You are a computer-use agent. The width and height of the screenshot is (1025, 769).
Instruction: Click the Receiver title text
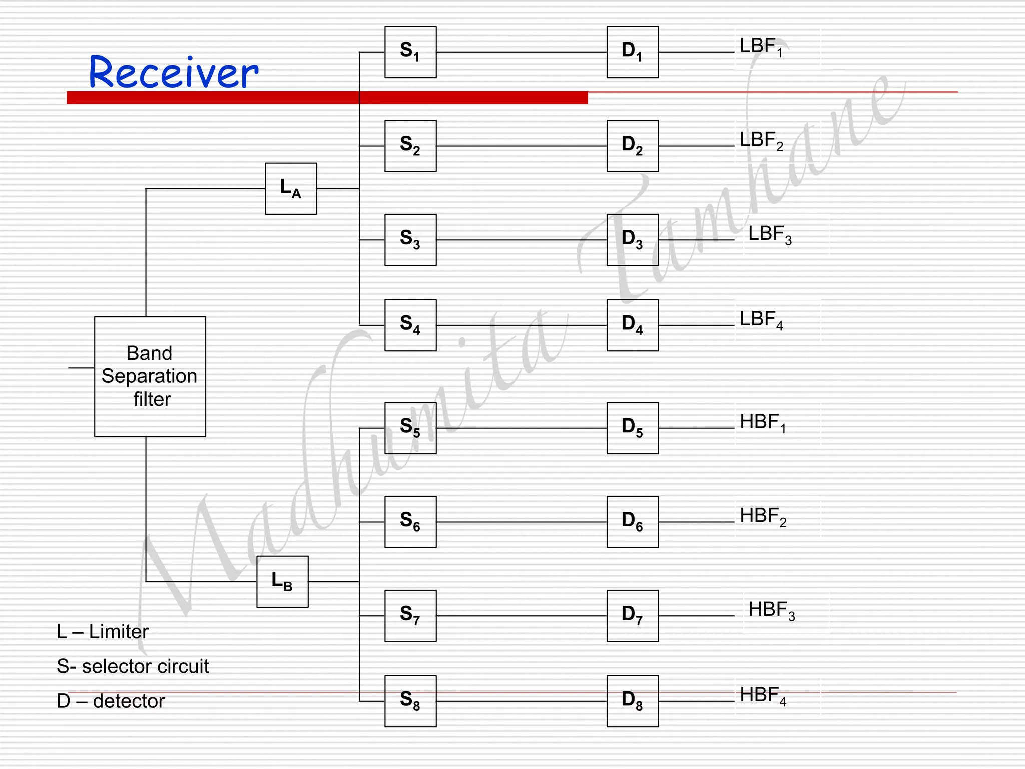(x=173, y=72)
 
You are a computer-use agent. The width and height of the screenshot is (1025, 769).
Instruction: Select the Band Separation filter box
(x=150, y=376)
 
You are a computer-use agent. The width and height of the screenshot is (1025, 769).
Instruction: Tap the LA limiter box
(x=291, y=189)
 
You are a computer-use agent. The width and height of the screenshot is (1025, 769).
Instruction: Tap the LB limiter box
(x=282, y=582)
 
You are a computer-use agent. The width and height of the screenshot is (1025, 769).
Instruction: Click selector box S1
(x=410, y=52)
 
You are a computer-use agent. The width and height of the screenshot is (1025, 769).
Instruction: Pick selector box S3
(x=410, y=240)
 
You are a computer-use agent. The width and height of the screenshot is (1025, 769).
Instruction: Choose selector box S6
(x=410, y=522)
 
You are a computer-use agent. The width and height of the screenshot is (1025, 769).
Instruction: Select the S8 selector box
(x=410, y=701)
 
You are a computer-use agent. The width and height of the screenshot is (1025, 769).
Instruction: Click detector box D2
(x=633, y=146)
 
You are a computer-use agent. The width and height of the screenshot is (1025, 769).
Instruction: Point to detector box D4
(x=633, y=325)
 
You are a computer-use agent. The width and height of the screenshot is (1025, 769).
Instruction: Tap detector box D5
(x=633, y=428)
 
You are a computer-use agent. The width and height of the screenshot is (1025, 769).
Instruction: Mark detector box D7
(x=633, y=616)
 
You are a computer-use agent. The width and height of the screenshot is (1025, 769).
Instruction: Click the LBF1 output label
(x=761, y=47)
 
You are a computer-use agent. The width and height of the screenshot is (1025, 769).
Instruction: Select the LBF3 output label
(x=770, y=234)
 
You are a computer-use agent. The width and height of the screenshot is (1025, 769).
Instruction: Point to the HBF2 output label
(x=763, y=516)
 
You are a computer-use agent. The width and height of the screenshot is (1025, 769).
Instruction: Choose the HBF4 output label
(x=763, y=695)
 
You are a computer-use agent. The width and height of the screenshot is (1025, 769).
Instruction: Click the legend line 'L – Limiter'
(x=103, y=632)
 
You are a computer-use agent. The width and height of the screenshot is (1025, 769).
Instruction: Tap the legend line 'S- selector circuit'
(x=133, y=666)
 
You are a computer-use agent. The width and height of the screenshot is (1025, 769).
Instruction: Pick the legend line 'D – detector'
(x=111, y=701)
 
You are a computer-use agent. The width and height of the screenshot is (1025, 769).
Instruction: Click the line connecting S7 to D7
(x=521, y=616)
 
